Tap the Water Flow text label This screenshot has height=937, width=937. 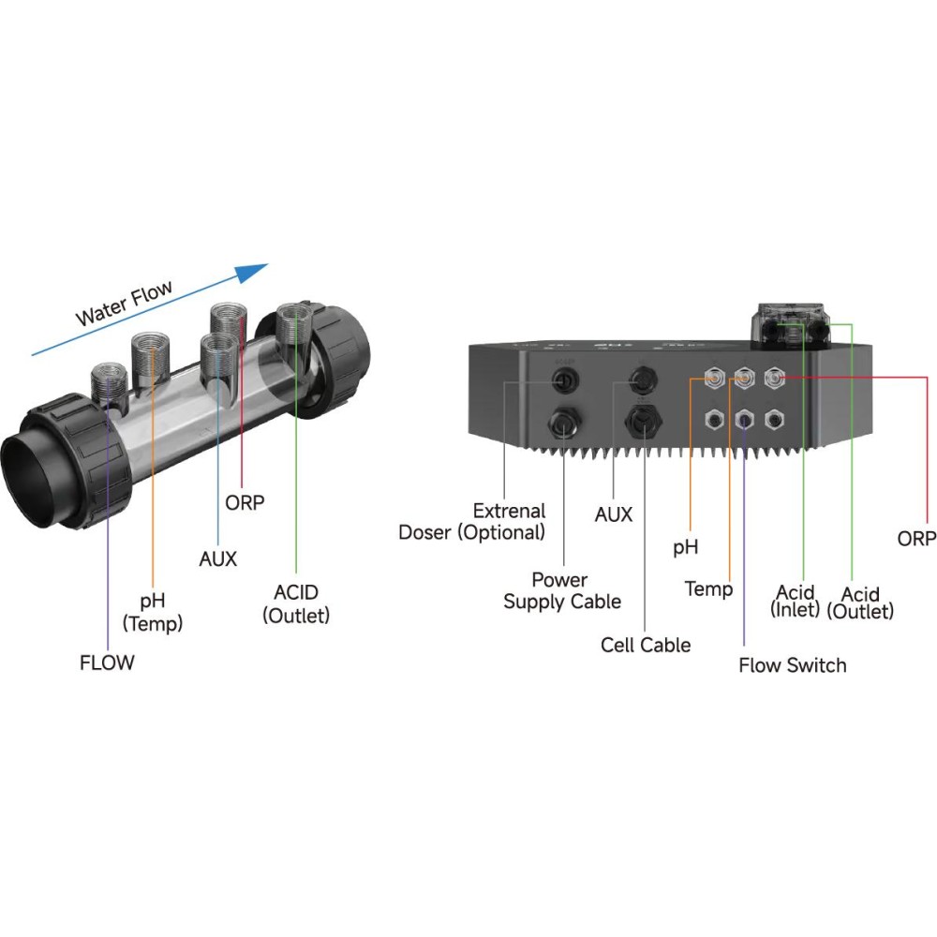125,303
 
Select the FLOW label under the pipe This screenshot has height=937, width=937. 107,663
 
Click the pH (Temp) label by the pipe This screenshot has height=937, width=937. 153,611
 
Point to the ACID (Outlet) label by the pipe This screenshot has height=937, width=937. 296,604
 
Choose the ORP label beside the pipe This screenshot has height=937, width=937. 245,502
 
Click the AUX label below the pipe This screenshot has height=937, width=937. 218,559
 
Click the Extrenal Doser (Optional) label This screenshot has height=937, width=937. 472,522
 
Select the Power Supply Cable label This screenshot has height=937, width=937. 562,591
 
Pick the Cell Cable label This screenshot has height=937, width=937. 646,645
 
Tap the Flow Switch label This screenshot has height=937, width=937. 792,665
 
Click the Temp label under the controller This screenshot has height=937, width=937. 708,588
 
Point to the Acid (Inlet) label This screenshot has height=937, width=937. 796,601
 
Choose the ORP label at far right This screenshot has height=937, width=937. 916,539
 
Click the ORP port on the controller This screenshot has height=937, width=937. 774,378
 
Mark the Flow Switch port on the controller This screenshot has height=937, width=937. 744,419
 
